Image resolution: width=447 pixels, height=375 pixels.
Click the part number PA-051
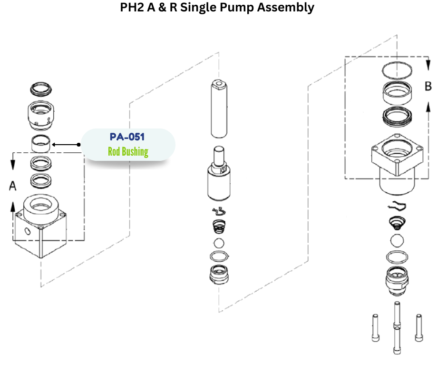click(x=127, y=137)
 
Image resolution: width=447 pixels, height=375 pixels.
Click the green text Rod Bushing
click(x=127, y=152)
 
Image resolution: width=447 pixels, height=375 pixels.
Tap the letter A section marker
click(x=13, y=186)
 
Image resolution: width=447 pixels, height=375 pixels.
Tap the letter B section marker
click(x=428, y=86)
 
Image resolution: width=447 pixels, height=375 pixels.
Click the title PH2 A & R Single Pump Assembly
click(x=217, y=8)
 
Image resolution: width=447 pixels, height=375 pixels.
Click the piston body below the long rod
click(x=219, y=181)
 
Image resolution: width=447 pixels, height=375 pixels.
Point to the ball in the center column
click(x=219, y=243)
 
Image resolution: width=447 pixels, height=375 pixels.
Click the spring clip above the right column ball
click(x=398, y=206)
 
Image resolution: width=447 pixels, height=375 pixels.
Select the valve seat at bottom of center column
click(x=219, y=275)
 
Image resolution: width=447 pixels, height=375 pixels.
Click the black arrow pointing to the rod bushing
click(x=66, y=144)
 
